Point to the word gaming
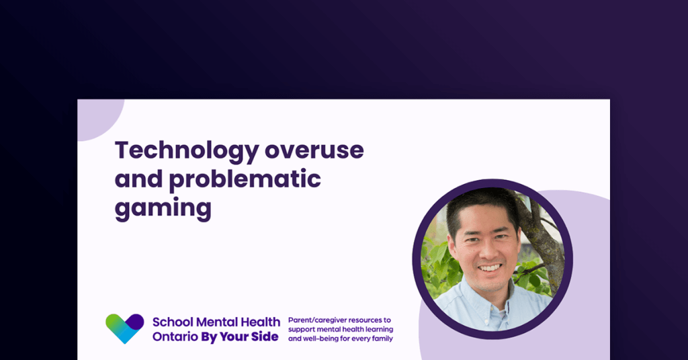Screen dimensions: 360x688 [163, 208]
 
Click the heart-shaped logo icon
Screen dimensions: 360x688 [125, 328]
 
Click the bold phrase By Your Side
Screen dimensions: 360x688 [239, 336]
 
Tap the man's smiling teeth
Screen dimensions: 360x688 [490, 267]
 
